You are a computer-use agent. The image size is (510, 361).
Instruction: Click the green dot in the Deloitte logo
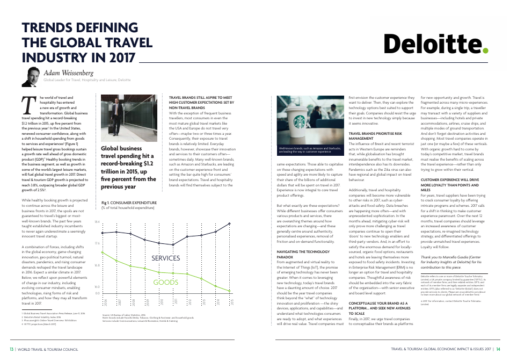(x=486, y=51)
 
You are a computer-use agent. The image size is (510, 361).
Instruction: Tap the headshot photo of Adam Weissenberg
(x=31, y=76)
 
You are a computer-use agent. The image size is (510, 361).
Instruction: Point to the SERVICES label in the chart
(x=165, y=258)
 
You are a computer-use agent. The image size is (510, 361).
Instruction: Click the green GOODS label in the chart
(x=166, y=282)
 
